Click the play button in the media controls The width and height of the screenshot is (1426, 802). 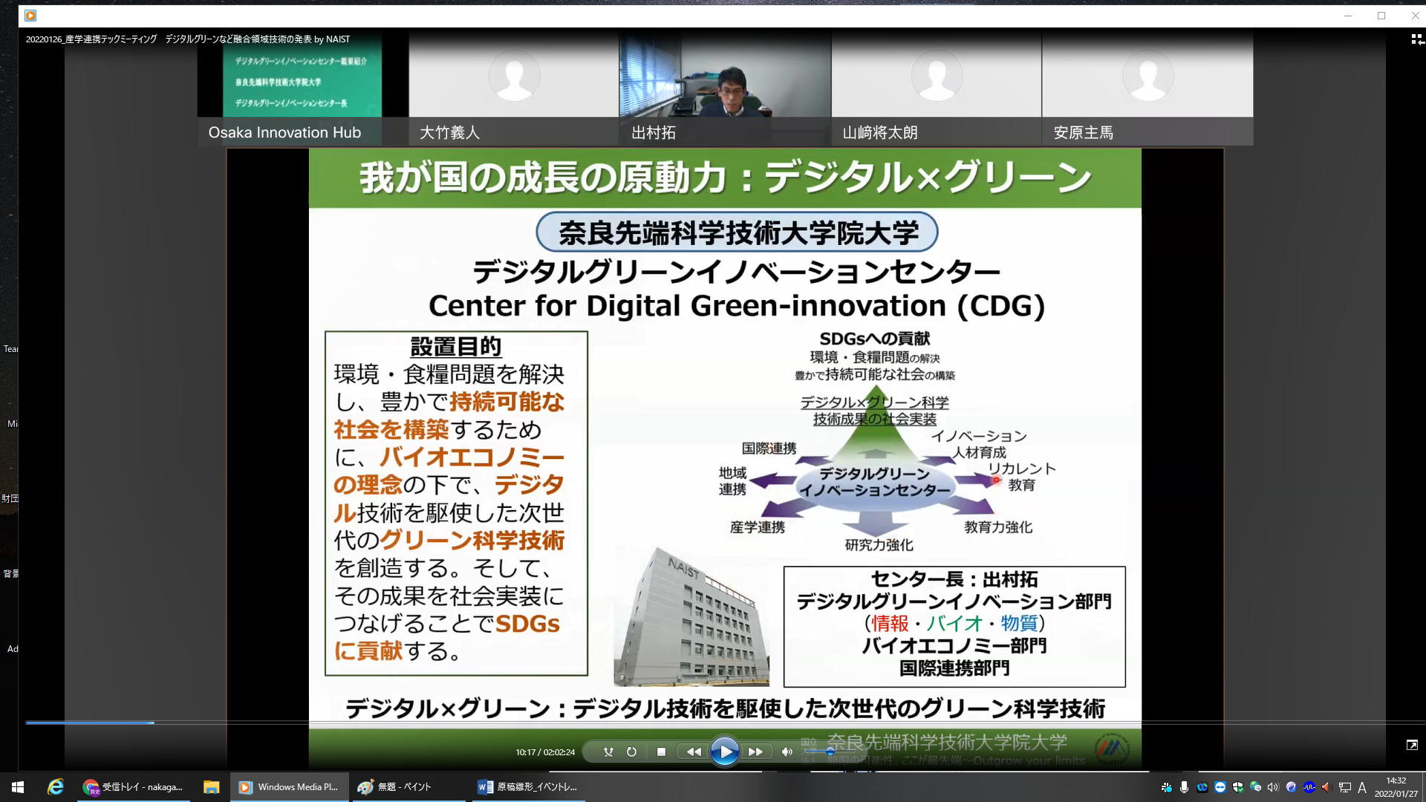pos(724,752)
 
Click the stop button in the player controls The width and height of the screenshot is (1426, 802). pos(661,752)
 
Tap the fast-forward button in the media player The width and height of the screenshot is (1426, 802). pos(755,752)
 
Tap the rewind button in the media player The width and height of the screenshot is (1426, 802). pos(694,752)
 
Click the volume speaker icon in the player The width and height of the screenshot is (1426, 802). pos(787,752)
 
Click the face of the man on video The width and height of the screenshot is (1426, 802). pos(732,89)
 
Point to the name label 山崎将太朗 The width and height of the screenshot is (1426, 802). pos(880,133)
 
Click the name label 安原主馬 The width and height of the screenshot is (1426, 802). pos(1083,133)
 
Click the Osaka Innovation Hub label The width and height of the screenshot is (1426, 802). pos(284,133)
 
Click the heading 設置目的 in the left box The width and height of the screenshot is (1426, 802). pos(455,346)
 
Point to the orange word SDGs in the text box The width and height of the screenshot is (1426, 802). pos(527,624)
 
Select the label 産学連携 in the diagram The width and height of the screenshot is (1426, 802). pos(757,527)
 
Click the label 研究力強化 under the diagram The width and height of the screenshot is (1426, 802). pos(879,545)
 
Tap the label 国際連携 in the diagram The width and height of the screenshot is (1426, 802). pos(769,449)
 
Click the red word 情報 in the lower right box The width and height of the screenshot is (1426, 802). pos(890,623)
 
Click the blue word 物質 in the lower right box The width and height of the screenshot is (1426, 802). pos(1018,623)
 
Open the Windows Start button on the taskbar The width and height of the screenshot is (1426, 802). pos(18,787)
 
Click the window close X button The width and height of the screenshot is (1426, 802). pos(1415,16)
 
